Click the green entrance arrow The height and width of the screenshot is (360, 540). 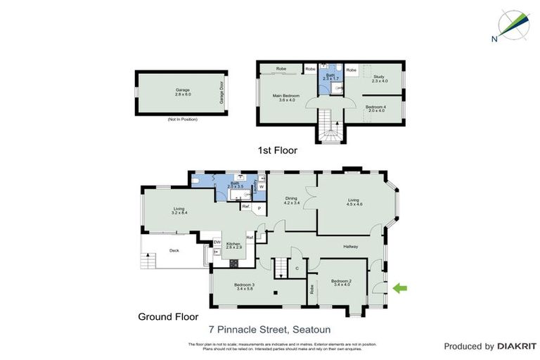pos(399,287)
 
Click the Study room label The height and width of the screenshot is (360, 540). pos(380,79)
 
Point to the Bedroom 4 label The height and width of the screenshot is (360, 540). pos(375,108)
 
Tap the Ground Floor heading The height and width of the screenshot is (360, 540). pos(168,316)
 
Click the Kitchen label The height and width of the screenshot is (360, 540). pos(233,245)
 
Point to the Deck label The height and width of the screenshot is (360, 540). pos(174,250)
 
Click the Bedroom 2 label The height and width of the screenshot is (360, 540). pos(341,283)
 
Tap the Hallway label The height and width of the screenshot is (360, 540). pos(351,246)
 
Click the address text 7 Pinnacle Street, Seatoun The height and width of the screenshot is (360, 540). pos(269,328)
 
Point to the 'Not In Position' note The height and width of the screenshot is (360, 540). pos(182,119)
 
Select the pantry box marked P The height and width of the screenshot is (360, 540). pos(259,208)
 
